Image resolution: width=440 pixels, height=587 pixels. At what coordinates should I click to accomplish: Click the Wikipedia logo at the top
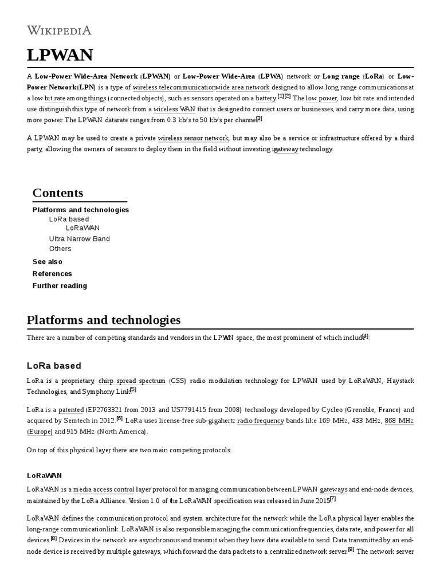[59, 30]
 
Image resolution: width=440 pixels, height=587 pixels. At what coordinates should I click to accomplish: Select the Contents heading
[58, 193]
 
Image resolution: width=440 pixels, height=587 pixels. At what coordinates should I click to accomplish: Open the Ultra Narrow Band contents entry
[79, 238]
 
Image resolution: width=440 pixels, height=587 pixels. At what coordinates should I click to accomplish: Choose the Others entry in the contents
[60, 248]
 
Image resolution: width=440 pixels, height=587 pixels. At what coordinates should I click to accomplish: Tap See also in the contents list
[48, 261]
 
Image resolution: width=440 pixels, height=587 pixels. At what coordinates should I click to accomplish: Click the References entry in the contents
[52, 273]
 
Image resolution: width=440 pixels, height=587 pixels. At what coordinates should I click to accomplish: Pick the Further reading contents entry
[60, 285]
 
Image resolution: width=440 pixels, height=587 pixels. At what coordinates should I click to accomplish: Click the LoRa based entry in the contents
[69, 219]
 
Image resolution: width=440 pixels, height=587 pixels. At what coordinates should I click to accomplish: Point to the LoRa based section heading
[54, 366]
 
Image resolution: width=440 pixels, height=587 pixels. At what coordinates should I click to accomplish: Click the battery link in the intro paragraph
[266, 99]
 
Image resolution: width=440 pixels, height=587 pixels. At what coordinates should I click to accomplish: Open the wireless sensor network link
[193, 138]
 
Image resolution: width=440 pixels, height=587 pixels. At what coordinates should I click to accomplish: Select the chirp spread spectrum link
[132, 381]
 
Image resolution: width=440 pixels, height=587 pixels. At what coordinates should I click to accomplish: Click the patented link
[71, 410]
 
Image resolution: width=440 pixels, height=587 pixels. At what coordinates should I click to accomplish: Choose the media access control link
[104, 490]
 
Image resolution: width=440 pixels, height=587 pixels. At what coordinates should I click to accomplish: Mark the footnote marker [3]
[259, 119]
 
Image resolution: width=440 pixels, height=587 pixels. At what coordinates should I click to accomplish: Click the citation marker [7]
[332, 498]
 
